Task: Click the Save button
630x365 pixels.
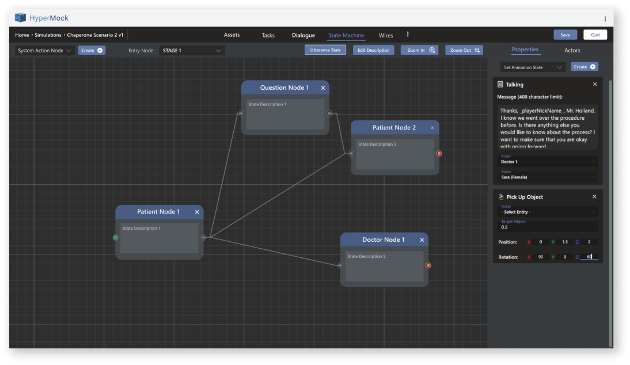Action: (x=565, y=35)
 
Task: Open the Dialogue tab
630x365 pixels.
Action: (x=303, y=35)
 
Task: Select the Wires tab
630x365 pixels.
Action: (x=386, y=35)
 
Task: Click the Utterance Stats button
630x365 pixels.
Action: (x=325, y=50)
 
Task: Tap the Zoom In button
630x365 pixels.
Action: (x=419, y=50)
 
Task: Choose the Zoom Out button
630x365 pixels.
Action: (x=464, y=50)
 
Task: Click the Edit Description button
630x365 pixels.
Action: (x=374, y=50)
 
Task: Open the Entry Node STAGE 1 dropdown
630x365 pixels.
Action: (x=192, y=51)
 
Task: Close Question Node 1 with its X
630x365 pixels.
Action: (x=323, y=88)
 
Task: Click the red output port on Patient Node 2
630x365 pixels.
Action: (x=439, y=154)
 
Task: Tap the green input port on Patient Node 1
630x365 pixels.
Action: (x=115, y=237)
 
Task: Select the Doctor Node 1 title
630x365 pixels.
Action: (x=383, y=239)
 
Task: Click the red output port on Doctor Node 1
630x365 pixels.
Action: (x=428, y=265)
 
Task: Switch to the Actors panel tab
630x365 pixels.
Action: (x=572, y=51)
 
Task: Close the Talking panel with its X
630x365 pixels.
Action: (x=595, y=85)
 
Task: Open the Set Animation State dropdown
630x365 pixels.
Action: (x=532, y=67)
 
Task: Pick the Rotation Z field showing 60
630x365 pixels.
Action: (x=589, y=257)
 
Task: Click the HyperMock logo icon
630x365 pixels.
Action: (x=21, y=18)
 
